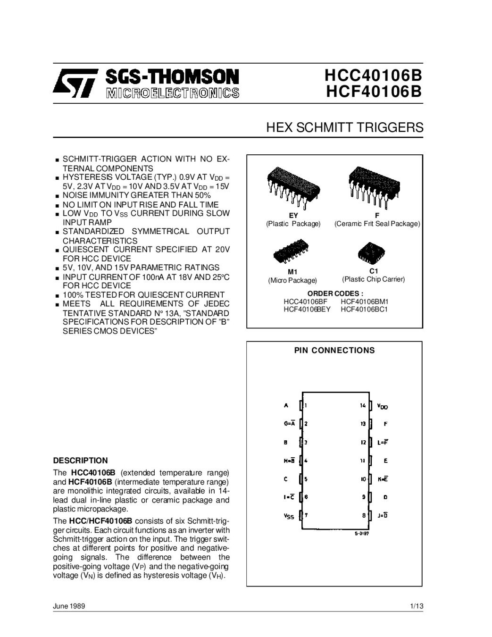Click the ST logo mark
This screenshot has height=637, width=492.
point(75,83)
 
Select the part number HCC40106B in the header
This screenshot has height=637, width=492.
point(373,75)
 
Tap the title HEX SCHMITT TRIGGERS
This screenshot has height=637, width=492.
point(345,127)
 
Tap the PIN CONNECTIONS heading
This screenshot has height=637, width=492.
point(334,350)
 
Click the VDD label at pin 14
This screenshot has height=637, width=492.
point(383,406)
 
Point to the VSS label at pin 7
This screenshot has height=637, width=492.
point(289,516)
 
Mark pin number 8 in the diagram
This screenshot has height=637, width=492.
point(364,515)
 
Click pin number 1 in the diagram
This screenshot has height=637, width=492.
point(306,405)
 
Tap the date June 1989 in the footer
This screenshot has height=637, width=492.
point(69,606)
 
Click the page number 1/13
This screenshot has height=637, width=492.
point(417,606)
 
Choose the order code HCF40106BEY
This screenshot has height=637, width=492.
point(307,309)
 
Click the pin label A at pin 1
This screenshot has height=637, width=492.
point(286,405)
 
